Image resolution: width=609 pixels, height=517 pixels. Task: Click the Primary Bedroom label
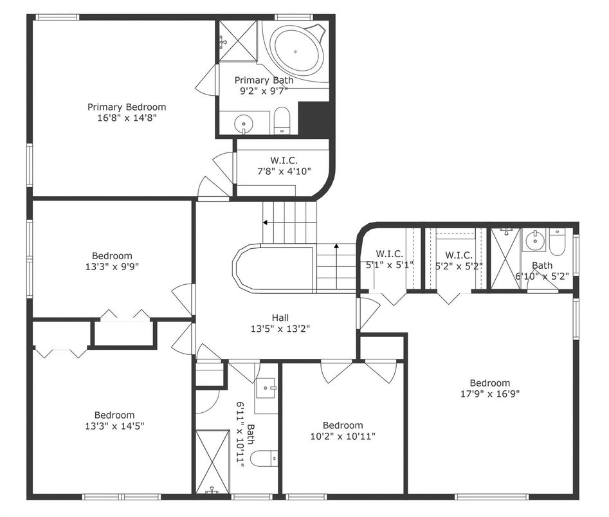(127, 107)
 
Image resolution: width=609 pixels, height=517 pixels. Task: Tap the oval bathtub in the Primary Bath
(296, 51)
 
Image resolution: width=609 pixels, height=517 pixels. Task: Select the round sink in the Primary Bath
(244, 124)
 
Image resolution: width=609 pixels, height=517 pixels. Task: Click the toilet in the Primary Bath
(282, 120)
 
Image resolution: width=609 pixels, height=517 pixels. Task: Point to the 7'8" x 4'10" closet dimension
(284, 171)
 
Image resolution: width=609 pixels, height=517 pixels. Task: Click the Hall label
(280, 318)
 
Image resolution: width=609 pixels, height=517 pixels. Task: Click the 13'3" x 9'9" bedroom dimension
(113, 266)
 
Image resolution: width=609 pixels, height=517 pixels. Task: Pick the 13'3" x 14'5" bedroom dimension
(114, 426)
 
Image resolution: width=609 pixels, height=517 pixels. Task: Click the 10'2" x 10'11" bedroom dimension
(343, 436)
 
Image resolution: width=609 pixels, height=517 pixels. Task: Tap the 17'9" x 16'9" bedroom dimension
(490, 394)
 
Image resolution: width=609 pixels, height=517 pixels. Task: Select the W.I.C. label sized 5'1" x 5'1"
(389, 254)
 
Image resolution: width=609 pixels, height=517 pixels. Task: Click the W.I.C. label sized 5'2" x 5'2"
(459, 255)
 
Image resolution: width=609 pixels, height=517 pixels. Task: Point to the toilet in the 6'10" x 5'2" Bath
(556, 243)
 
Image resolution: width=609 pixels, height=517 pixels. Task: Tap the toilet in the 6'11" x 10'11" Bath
(264, 458)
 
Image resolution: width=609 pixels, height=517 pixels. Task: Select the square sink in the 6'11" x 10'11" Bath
(266, 388)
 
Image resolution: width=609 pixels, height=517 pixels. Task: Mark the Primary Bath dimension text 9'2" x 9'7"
(264, 91)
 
